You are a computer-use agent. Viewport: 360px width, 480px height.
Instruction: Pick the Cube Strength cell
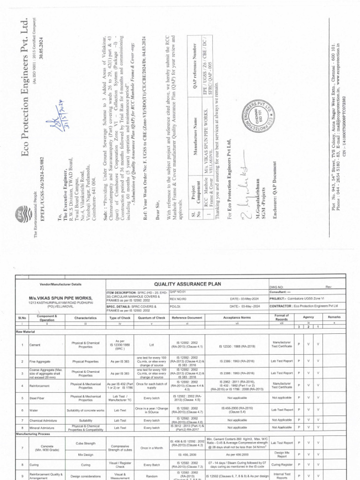(85, 443)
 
